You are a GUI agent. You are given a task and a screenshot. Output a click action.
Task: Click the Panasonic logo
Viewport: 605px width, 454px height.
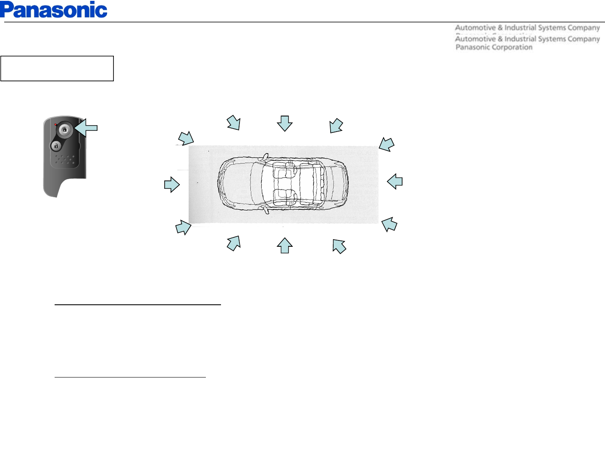tap(54, 10)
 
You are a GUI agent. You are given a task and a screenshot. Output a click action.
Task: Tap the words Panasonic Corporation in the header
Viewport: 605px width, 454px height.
tap(494, 47)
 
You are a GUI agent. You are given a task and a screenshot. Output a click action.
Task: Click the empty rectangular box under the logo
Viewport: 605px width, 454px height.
tap(57, 68)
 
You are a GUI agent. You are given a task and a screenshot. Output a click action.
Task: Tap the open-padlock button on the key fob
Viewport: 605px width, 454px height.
tap(56, 146)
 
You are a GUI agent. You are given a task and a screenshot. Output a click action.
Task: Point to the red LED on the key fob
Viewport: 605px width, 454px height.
tap(55, 124)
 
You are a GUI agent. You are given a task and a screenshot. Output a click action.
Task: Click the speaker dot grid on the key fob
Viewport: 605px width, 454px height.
tap(66, 159)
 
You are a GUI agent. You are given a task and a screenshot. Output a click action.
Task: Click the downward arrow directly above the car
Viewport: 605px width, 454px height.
tap(285, 123)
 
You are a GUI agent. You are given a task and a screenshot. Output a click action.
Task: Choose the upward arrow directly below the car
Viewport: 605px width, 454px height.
tap(285, 245)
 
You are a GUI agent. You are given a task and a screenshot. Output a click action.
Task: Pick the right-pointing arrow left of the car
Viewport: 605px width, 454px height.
tap(172, 185)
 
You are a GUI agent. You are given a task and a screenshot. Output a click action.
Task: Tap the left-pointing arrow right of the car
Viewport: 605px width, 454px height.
tap(395, 182)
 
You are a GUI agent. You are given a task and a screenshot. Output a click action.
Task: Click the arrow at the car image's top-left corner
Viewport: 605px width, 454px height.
tap(186, 138)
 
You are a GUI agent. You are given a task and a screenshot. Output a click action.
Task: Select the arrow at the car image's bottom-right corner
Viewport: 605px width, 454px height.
tap(389, 224)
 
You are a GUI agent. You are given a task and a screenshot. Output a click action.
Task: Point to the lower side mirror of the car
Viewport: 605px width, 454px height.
tap(266, 210)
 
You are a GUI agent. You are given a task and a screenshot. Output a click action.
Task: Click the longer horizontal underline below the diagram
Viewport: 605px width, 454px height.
tap(138, 304)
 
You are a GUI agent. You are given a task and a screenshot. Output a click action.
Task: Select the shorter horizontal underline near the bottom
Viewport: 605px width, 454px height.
tap(130, 377)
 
